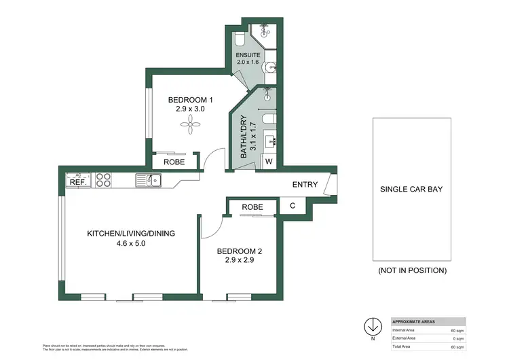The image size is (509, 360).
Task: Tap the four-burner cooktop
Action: (x=103, y=180)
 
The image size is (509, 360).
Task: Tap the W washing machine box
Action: (x=269, y=162)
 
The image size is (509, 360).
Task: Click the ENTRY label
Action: (x=305, y=185)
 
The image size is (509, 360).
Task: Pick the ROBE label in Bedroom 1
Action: (x=174, y=162)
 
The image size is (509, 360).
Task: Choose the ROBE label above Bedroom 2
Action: (x=252, y=207)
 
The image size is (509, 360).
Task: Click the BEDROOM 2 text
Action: (x=239, y=251)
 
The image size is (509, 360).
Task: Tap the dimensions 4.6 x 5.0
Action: (x=130, y=242)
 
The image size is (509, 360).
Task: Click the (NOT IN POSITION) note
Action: (x=412, y=270)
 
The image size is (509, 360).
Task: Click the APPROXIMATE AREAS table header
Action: (x=414, y=321)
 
